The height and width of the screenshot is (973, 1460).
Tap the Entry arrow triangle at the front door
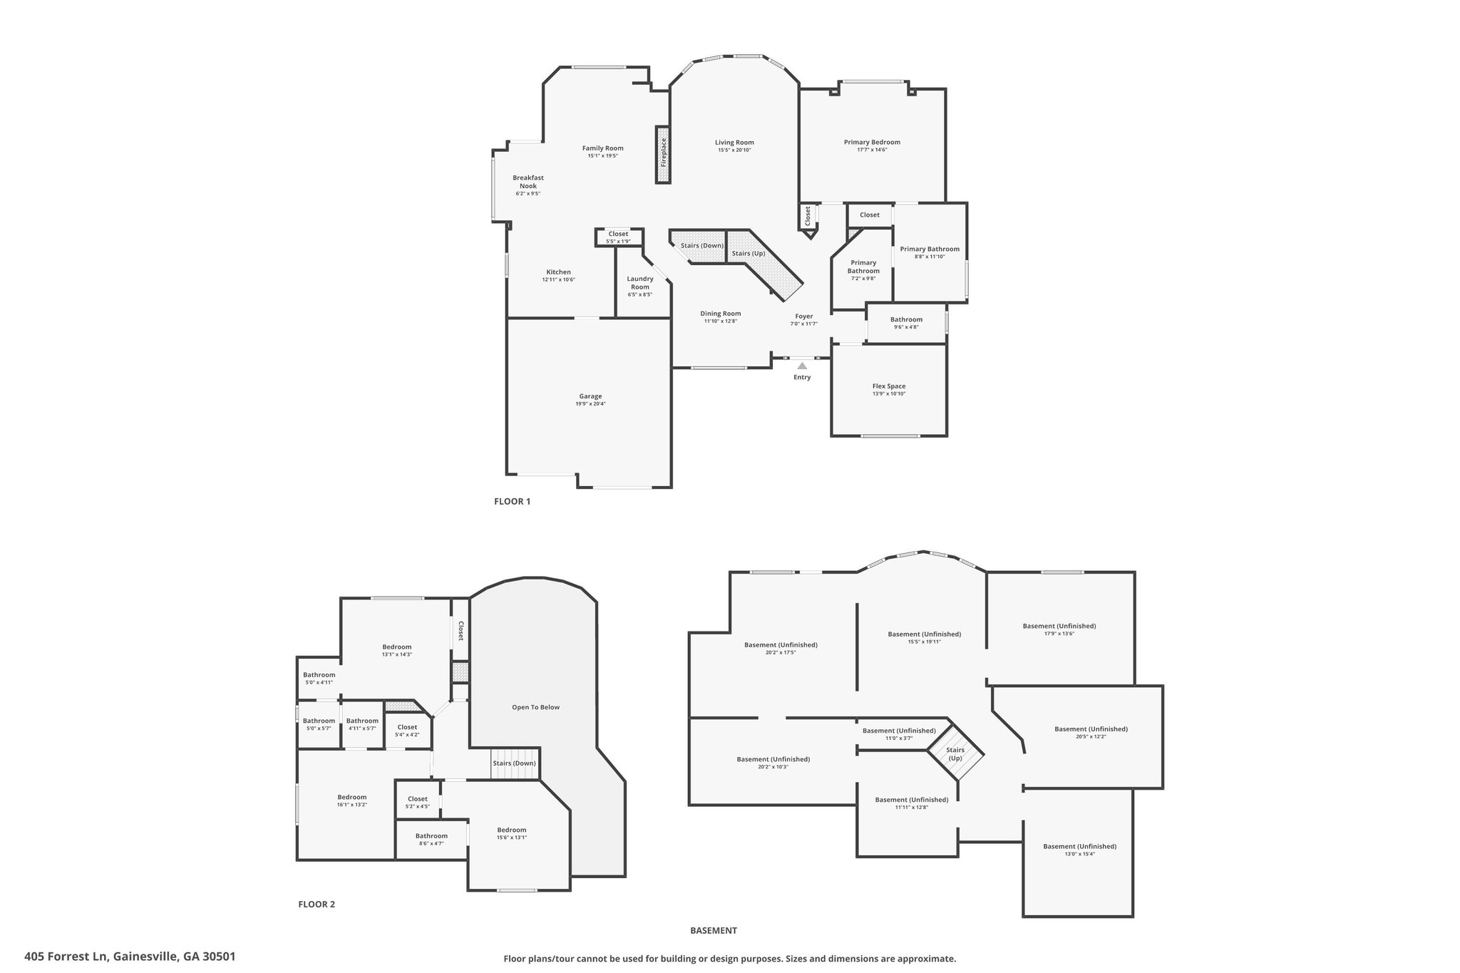coord(802,366)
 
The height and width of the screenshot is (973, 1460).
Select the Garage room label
coord(590,396)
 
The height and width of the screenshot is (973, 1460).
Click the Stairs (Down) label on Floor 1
coord(702,245)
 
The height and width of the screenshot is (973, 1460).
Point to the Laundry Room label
coord(640,283)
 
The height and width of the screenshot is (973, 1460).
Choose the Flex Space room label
coord(889,386)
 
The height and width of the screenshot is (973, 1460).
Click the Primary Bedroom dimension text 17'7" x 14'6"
coord(872,150)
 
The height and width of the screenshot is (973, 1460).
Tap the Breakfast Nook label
coord(528,182)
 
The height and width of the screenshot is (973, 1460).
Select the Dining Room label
coord(721,314)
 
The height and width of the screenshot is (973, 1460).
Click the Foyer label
coord(804,316)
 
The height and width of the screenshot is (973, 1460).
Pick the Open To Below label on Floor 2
coord(536,707)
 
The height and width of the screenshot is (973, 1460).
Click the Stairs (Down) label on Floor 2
coord(514,763)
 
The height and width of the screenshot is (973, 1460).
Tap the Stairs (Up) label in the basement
coord(955,754)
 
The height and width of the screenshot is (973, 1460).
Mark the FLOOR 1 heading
coord(513,501)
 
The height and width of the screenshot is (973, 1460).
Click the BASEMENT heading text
coord(714,930)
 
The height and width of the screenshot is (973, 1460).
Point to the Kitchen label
coord(559,272)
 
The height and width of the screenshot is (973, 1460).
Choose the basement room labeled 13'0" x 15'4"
coord(1079,850)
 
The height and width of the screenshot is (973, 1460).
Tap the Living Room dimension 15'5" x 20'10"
coord(734,150)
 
